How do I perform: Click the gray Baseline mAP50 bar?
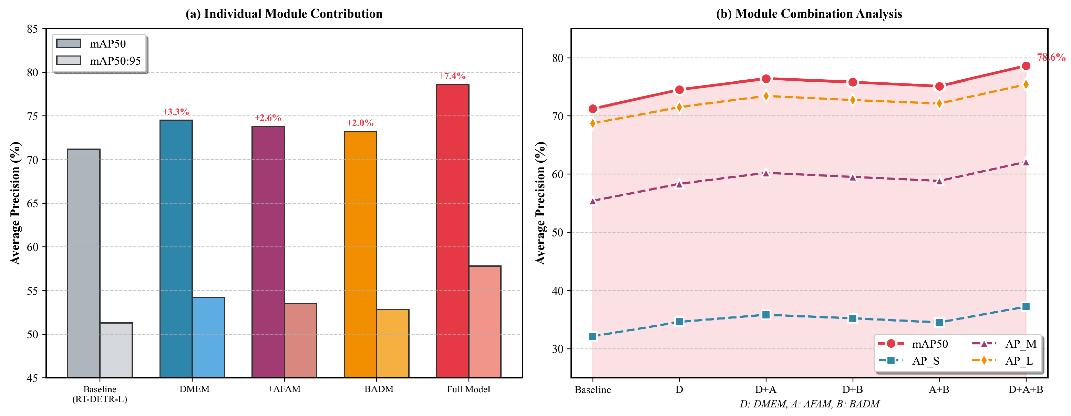tap(84, 263)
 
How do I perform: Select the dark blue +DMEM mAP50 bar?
tap(176, 249)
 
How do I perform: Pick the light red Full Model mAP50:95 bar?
tap(485, 322)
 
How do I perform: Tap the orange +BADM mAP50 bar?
tap(360, 255)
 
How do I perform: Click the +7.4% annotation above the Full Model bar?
tap(452, 76)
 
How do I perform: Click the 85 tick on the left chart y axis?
tap(32, 29)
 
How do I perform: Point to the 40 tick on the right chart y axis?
tap(558, 291)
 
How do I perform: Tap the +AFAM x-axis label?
tap(284, 389)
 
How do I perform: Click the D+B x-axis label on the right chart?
tap(852, 390)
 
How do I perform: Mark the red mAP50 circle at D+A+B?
tap(1026, 66)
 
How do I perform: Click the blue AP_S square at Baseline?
tap(593, 336)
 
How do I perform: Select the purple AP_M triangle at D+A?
tap(766, 173)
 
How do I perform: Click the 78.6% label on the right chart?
tap(1051, 58)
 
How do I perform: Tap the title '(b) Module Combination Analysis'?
tap(809, 14)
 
